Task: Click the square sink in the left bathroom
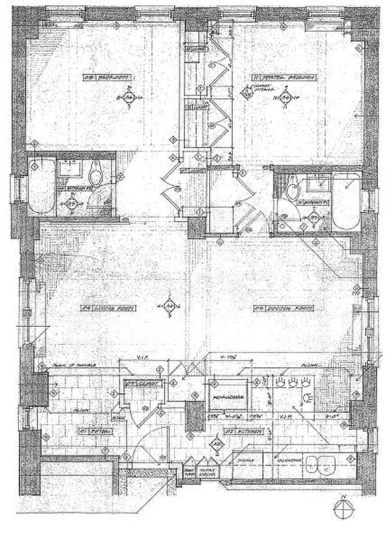70,169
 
